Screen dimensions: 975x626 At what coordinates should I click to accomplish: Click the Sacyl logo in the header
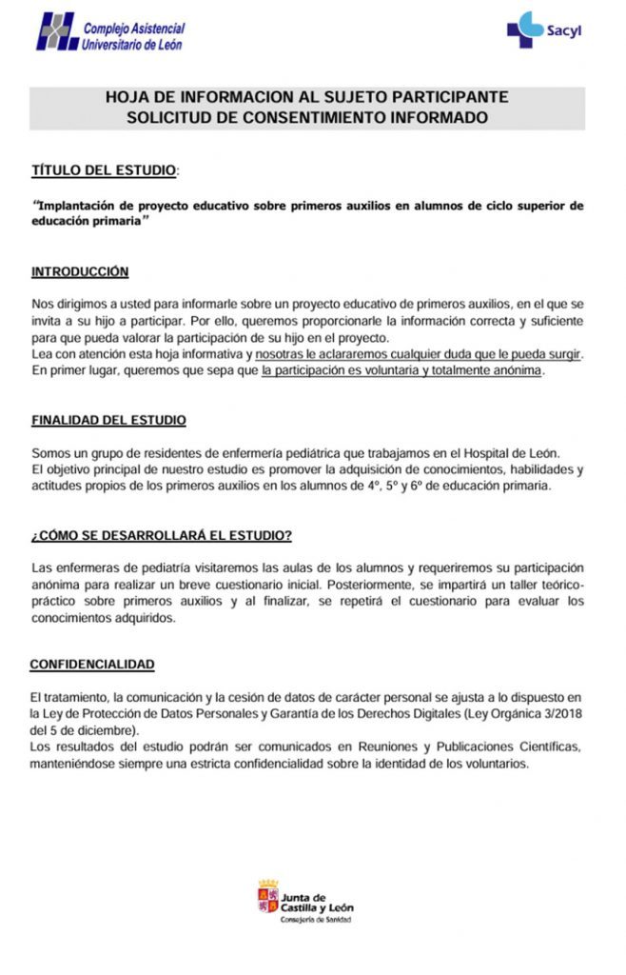point(544,30)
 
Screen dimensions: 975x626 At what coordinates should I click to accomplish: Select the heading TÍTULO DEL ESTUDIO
point(105,170)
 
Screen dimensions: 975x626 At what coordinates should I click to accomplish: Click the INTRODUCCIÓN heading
point(80,271)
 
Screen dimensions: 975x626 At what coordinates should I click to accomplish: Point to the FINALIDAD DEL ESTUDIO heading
point(108,420)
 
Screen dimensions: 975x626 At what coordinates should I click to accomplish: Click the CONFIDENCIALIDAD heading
point(92,664)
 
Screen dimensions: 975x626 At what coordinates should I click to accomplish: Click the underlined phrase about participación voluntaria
point(401,370)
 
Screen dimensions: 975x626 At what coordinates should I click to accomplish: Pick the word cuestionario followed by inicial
point(264,584)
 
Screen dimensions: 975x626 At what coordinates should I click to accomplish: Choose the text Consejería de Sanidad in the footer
point(315,920)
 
